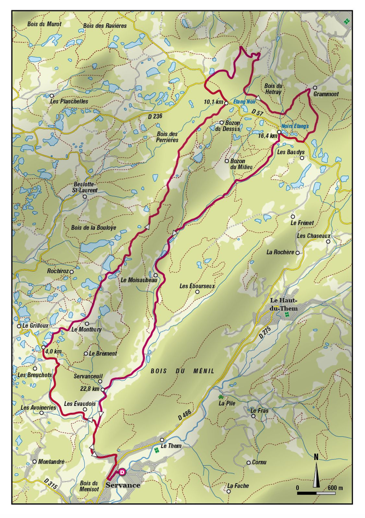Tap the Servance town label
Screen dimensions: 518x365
123,485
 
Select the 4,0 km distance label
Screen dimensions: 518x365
53,352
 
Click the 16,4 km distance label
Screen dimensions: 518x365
268,136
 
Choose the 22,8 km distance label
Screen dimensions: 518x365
90,388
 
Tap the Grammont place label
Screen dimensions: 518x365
326,94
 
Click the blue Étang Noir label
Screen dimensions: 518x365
244,102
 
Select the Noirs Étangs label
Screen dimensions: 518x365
295,126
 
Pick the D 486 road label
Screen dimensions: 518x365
185,415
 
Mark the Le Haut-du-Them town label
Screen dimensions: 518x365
284,304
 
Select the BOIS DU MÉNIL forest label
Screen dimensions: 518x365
182,371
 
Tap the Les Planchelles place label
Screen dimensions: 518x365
69,101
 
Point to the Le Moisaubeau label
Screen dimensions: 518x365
139,280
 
